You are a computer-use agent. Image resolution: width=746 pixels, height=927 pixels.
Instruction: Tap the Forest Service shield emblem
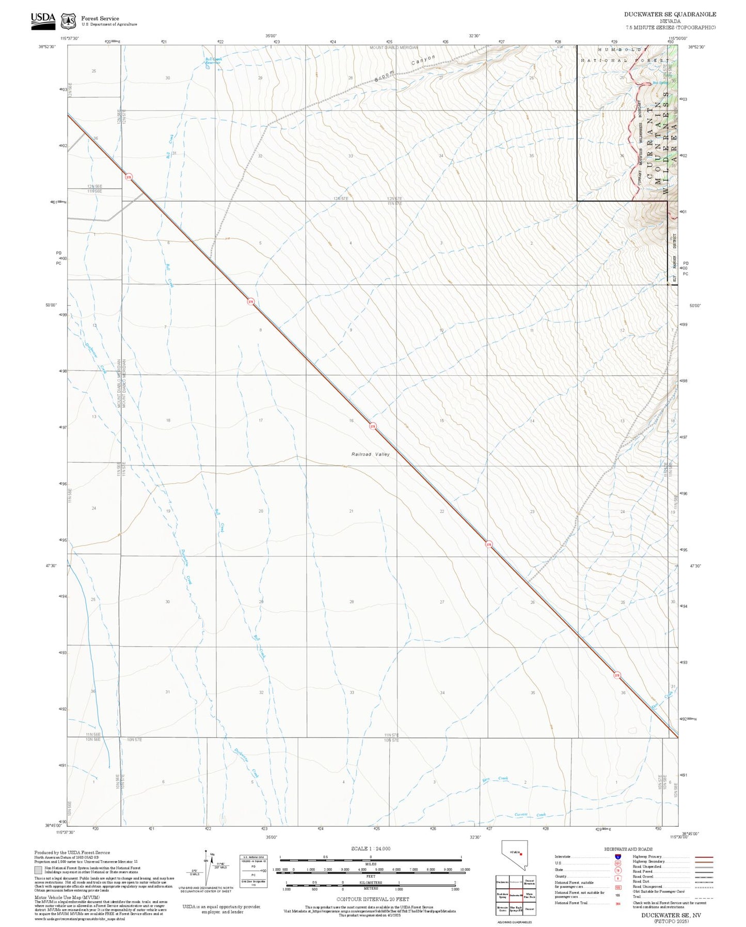click(68, 21)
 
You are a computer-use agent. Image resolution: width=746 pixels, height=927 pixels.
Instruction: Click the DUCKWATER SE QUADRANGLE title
click(670, 14)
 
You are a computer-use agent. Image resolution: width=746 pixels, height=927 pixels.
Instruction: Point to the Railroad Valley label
click(370, 454)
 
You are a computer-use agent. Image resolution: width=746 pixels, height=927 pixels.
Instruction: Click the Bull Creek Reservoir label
click(213, 60)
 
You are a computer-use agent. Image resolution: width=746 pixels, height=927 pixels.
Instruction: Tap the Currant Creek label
click(530, 815)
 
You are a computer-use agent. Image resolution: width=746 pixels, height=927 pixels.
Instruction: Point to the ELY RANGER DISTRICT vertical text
click(674, 258)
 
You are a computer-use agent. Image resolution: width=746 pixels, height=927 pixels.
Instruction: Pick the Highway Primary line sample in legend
click(704, 857)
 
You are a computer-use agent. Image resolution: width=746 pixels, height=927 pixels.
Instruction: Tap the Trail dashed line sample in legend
click(704, 898)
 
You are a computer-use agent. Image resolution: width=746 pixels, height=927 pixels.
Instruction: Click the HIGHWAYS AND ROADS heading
click(628, 849)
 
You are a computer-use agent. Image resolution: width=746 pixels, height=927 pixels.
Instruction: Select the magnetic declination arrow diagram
click(205, 870)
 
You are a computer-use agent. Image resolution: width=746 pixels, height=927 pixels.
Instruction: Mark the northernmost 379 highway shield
click(129, 177)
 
